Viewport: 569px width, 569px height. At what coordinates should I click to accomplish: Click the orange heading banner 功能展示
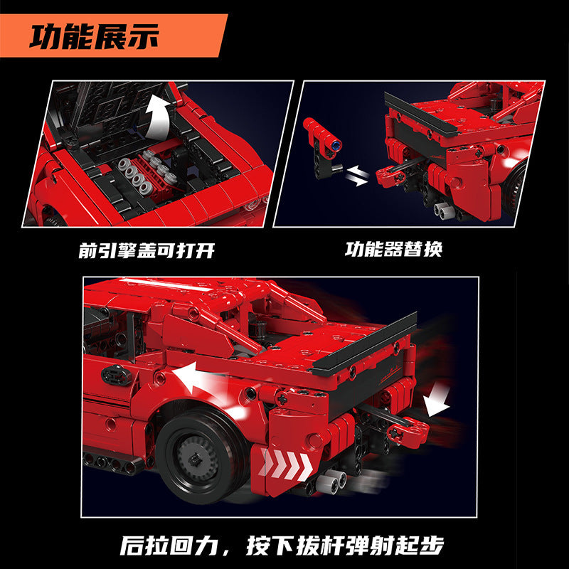pos(113,35)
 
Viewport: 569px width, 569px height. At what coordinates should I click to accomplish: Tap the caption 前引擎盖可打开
pos(147,250)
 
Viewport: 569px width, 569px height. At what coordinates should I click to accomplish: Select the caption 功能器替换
pos(394,250)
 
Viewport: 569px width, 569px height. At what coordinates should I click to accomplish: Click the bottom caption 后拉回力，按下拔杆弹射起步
pos(282,545)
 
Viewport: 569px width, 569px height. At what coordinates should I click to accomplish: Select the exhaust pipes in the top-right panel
pos(443,211)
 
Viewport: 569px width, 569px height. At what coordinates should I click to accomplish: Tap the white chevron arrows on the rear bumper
pos(286,464)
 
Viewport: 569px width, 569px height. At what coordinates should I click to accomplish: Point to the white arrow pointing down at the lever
pos(438,400)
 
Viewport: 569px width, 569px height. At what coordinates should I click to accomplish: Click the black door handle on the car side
pos(116,376)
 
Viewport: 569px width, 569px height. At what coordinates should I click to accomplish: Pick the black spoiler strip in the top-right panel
pos(421,115)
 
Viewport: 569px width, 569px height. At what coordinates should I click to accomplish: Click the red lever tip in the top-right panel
pos(390,176)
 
